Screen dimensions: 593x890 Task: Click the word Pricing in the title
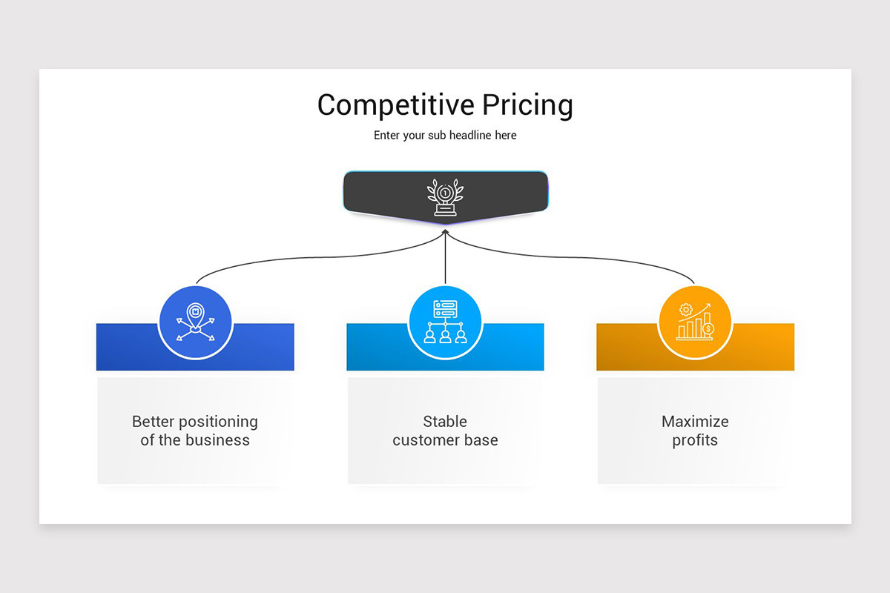[527, 106]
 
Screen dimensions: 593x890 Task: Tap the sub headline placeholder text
[445, 136]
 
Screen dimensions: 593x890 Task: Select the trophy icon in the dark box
[445, 197]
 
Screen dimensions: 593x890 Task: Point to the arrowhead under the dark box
[445, 231]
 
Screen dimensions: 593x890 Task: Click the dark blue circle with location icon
[195, 323]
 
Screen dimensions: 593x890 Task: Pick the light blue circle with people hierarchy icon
[445, 323]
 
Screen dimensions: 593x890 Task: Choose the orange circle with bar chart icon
[695, 323]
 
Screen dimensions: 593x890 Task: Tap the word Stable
[445, 422]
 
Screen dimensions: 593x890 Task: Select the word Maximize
[695, 422]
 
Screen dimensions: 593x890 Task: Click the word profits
[695, 440]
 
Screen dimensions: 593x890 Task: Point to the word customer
[426, 440]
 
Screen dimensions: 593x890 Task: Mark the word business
[217, 440]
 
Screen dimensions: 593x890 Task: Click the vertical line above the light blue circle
[445, 259]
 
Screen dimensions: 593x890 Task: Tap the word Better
[153, 422]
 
